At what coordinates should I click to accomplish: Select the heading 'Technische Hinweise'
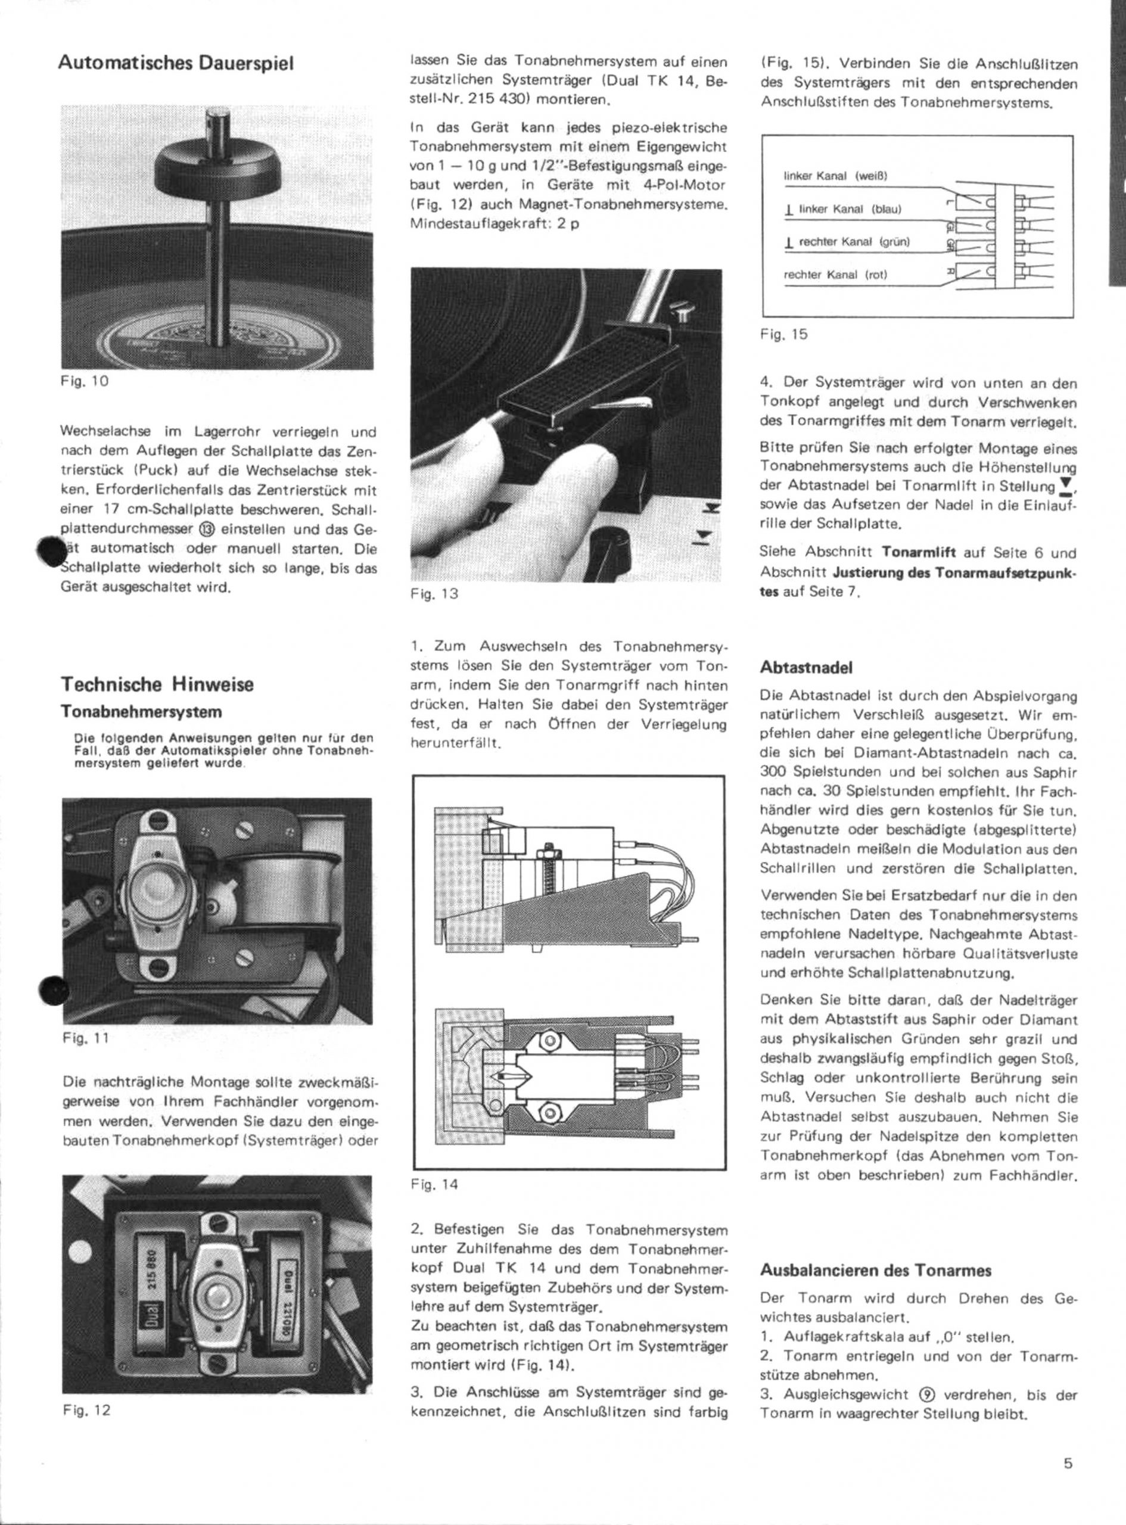[157, 684]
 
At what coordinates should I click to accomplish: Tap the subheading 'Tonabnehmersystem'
[141, 712]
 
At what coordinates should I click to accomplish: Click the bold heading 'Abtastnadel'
[805, 668]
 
